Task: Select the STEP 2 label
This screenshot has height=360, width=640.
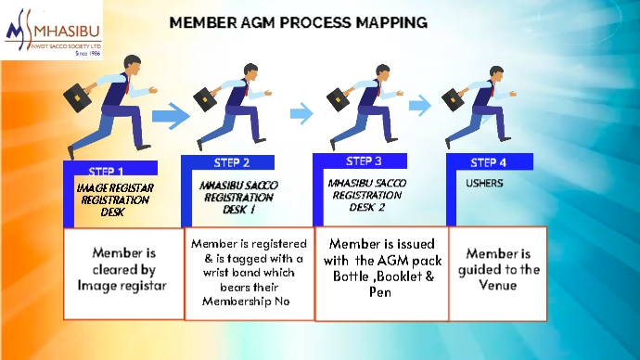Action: [x=225, y=163]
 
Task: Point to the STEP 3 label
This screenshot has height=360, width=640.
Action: [x=358, y=162]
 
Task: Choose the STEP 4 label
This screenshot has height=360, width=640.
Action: [x=489, y=162]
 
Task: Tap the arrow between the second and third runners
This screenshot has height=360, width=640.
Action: [x=301, y=113]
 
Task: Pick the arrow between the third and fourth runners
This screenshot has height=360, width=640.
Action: [x=420, y=105]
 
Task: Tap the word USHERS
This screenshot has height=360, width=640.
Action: [x=484, y=183]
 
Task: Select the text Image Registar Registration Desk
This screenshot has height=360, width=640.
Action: [x=113, y=199]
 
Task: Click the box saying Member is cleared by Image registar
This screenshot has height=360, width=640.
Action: [x=122, y=270]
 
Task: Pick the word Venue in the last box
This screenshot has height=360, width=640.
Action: [x=498, y=286]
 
